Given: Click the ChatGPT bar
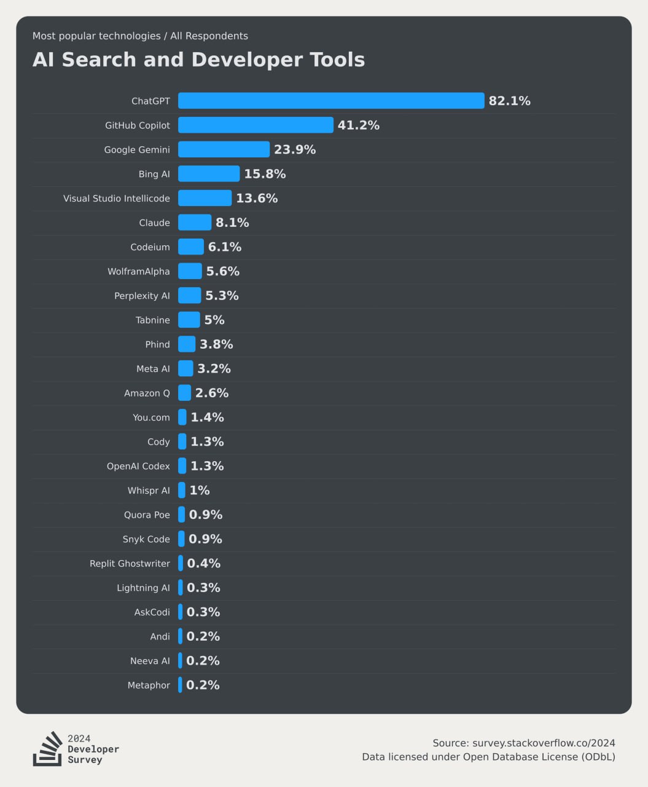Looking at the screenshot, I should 331,101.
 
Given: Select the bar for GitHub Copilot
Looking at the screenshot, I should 256,125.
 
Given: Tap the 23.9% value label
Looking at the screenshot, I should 295,149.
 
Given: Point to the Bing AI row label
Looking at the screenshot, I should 154,174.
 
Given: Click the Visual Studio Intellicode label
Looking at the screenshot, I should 116,199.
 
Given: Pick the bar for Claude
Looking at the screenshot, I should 195,223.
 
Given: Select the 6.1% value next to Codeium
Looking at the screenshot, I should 225,247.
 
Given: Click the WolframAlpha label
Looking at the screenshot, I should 138,271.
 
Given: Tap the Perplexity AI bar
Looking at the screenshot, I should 189,296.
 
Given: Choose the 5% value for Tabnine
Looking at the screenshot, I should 214,320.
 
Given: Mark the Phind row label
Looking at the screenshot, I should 157,344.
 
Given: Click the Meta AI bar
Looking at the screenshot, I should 185,369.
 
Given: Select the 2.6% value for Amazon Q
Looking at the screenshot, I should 212,393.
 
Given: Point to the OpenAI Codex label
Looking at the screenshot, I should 138,466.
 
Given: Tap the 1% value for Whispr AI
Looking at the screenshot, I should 200,491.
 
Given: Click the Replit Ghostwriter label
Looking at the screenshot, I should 130,564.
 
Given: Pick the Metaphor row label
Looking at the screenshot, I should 149,685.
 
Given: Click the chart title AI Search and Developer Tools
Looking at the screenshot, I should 198,60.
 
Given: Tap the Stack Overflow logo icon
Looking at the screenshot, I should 47,749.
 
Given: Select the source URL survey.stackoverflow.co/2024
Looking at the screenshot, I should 544,743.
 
